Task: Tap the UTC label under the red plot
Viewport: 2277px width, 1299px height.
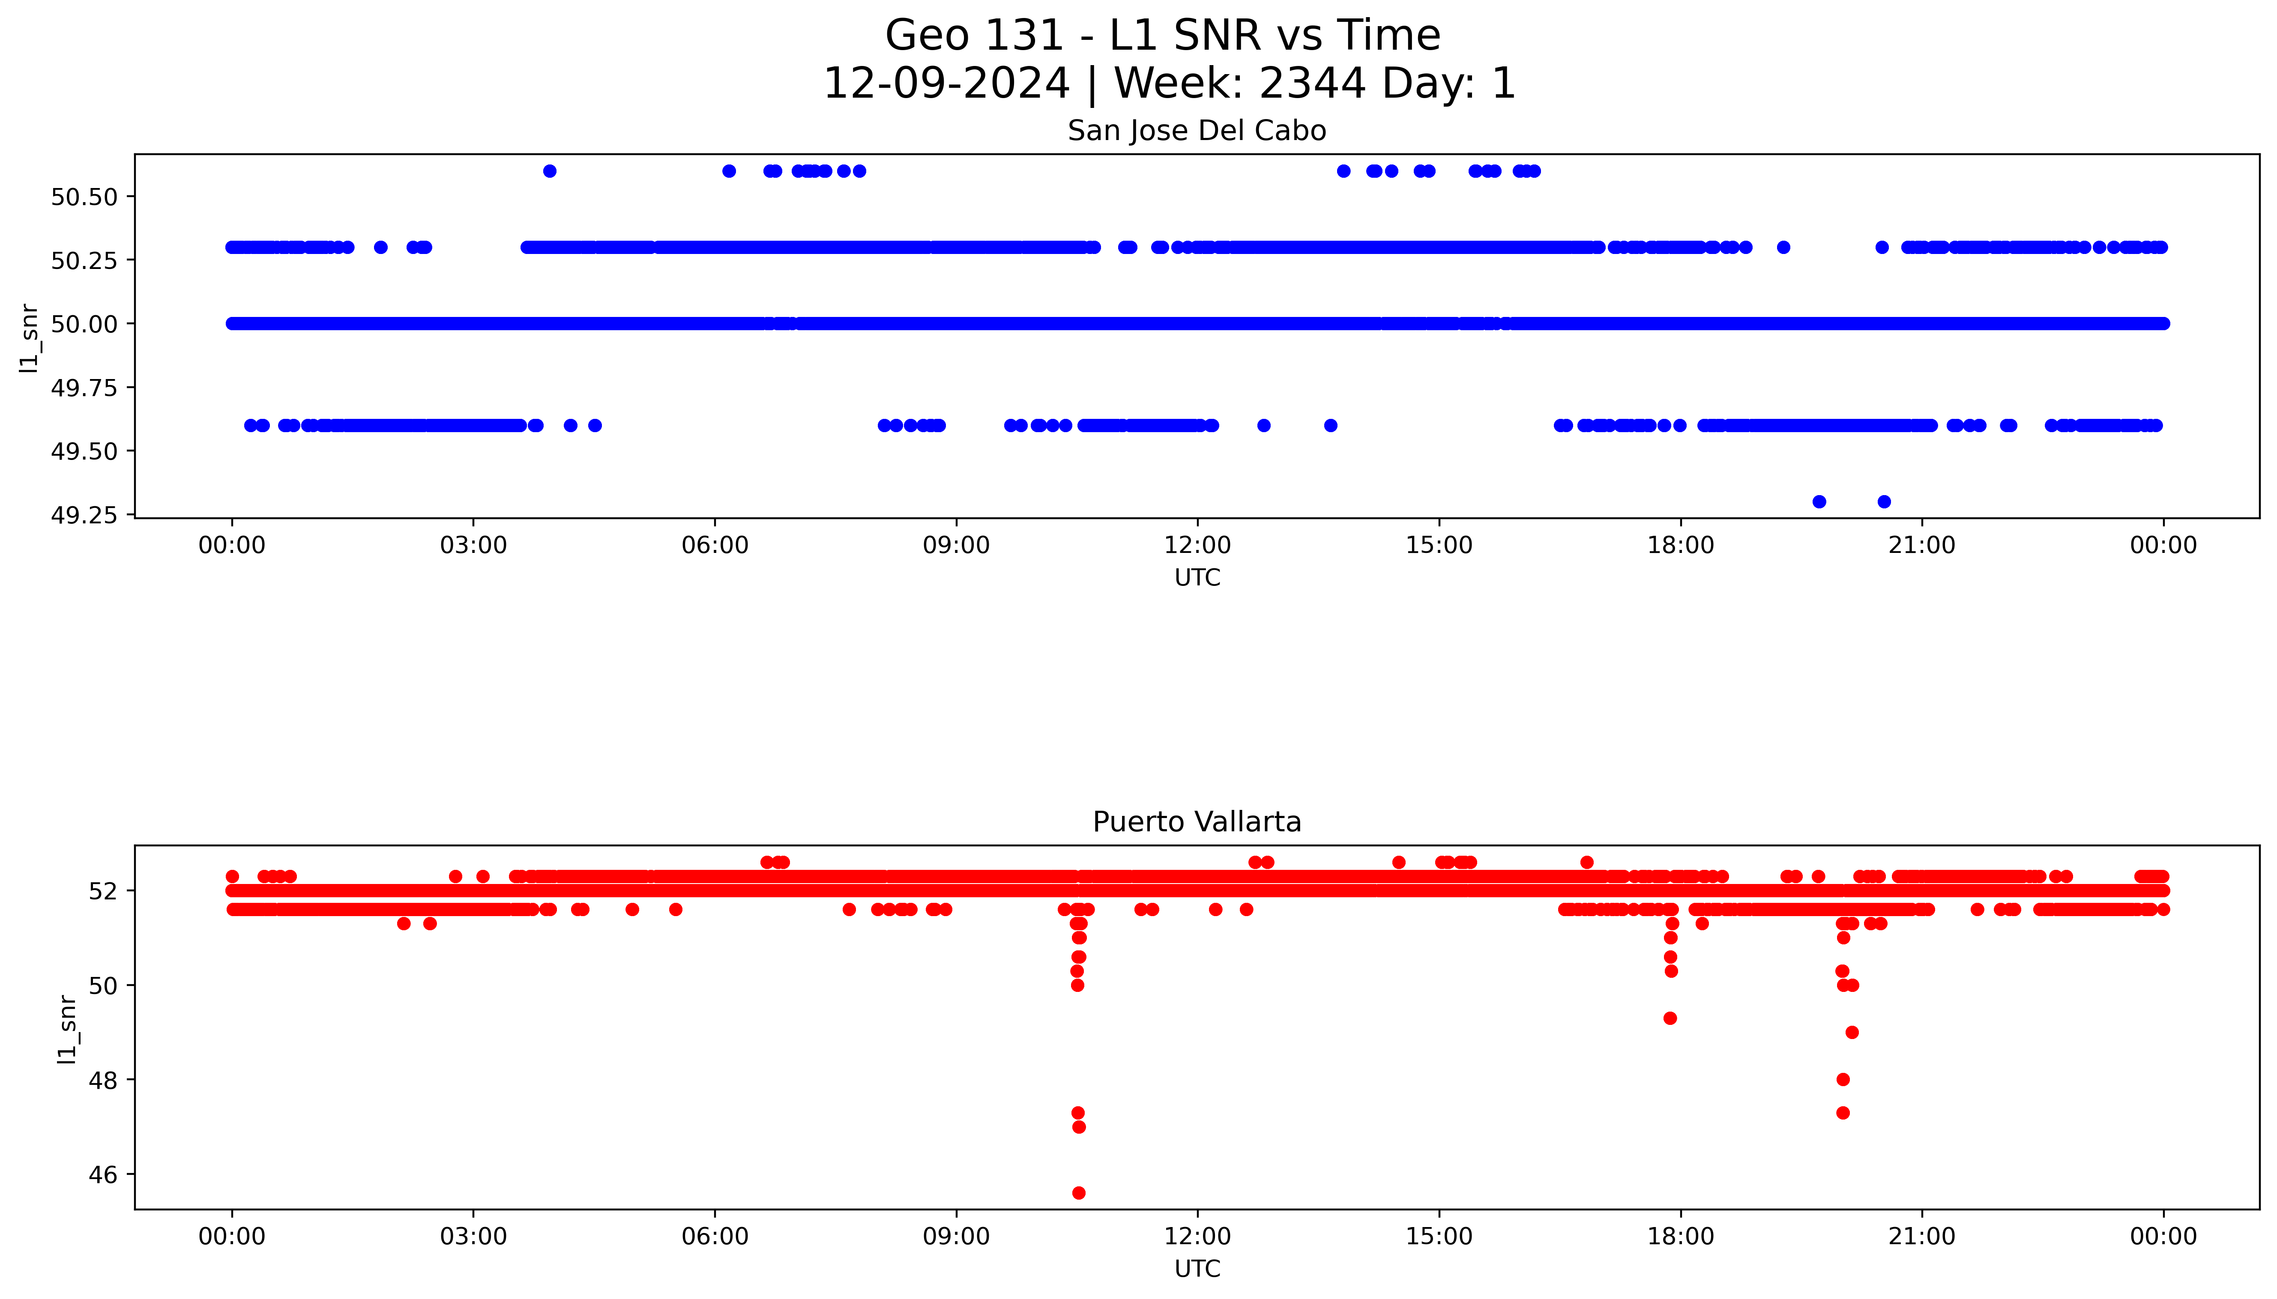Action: (x=1197, y=1268)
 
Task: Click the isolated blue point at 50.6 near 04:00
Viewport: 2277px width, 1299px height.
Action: (x=550, y=170)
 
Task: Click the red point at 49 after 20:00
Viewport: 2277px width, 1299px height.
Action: (x=1852, y=1032)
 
